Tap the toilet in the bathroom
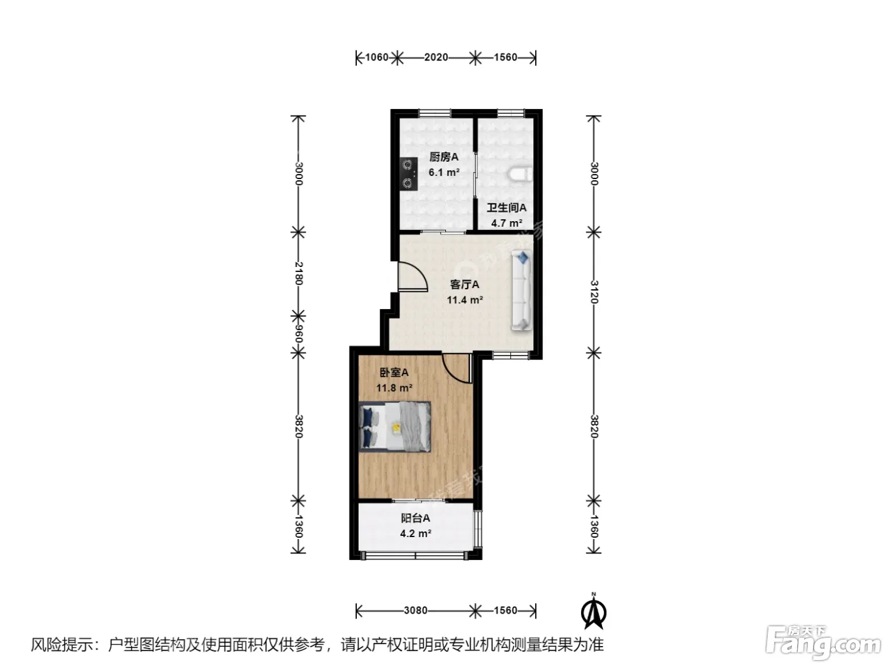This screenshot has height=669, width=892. pyautogui.click(x=520, y=174)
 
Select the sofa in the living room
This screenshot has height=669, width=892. pyautogui.click(x=521, y=290)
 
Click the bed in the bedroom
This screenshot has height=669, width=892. pyautogui.click(x=394, y=426)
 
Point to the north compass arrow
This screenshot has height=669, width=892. pyautogui.click(x=593, y=612)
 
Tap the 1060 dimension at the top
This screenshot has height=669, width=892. pyautogui.click(x=377, y=57)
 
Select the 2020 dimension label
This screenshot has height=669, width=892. pyautogui.click(x=436, y=57)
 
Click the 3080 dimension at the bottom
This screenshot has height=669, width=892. pyautogui.click(x=415, y=610)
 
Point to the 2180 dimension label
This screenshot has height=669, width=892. pyautogui.click(x=299, y=273)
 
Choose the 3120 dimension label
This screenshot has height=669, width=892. pyautogui.click(x=594, y=292)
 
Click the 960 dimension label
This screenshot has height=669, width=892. pyautogui.click(x=299, y=334)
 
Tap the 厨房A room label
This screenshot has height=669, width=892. pyautogui.click(x=443, y=157)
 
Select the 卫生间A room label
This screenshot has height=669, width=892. pyautogui.click(x=507, y=208)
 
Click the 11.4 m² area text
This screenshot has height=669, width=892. pyautogui.click(x=465, y=300)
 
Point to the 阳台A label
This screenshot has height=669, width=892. pyautogui.click(x=415, y=518)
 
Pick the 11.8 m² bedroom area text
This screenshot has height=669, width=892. pyautogui.click(x=394, y=388)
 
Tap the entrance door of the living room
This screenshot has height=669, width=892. pyautogui.click(x=413, y=277)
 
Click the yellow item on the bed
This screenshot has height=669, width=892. pyautogui.click(x=396, y=428)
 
